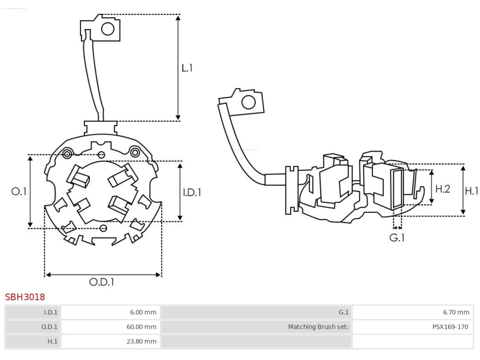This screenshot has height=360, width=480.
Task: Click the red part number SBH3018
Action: coord(25,297)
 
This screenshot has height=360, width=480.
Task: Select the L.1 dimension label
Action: coord(187,68)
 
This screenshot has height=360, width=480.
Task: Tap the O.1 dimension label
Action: coord(19,192)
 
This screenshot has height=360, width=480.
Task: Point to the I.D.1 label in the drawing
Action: coord(192,192)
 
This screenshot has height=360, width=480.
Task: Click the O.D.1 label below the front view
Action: coord(102,282)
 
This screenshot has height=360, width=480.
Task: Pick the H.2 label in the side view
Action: coord(442,189)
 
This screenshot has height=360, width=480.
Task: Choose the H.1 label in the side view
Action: coord(471,191)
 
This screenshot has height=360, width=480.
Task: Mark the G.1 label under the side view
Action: coord(397,238)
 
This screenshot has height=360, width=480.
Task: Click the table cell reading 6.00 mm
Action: coord(143,312)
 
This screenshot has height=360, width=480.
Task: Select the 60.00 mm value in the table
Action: coord(141,327)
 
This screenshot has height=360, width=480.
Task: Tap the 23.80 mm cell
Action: coord(141,341)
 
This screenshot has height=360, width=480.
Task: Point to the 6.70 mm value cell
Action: coord(456,312)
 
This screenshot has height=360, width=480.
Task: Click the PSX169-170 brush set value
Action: coord(450,327)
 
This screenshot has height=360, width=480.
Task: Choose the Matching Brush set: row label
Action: coord(318,327)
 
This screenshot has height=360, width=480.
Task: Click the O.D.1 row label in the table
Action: coord(49,327)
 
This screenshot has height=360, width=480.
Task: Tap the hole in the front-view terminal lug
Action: coord(108,29)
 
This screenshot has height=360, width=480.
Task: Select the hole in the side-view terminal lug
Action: coord(248,102)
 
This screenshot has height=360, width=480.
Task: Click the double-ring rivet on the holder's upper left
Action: coord(67,154)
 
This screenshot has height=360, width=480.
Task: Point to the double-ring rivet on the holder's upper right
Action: coord(135,152)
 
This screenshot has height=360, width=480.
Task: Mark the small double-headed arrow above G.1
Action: coord(397,228)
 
